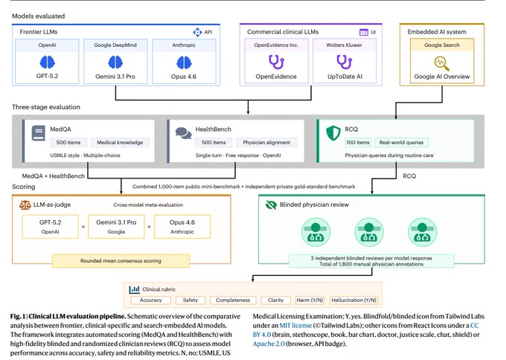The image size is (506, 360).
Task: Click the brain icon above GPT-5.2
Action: [x=47, y=62]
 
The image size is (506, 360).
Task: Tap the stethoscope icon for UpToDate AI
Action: [x=344, y=62]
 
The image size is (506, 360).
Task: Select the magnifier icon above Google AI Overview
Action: [x=442, y=63]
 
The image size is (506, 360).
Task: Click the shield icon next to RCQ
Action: [x=333, y=133]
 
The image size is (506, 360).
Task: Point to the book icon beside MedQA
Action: [x=39, y=133]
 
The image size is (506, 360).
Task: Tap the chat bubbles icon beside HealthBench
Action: [x=183, y=133]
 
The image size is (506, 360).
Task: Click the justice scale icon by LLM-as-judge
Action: [x=25, y=205]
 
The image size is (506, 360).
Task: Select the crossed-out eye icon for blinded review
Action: [x=271, y=205]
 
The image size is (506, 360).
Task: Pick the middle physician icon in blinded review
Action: [x=369, y=232]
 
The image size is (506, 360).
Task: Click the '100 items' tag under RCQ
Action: [x=358, y=142]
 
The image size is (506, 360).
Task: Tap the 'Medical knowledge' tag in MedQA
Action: [x=120, y=142]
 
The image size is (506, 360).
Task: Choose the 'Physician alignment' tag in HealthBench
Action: [x=266, y=142]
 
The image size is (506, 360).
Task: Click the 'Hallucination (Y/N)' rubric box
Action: [x=353, y=300]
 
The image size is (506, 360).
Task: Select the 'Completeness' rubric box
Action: [x=233, y=300]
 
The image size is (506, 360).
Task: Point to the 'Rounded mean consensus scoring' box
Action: [x=121, y=260]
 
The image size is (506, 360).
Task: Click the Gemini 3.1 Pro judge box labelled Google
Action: [x=116, y=226]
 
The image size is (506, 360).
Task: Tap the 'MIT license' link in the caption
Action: [x=295, y=326]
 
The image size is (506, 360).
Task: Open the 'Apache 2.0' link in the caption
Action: [x=269, y=344]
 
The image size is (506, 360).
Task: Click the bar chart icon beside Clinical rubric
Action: [x=134, y=289]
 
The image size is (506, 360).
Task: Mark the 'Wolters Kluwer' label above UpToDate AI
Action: [x=344, y=45]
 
